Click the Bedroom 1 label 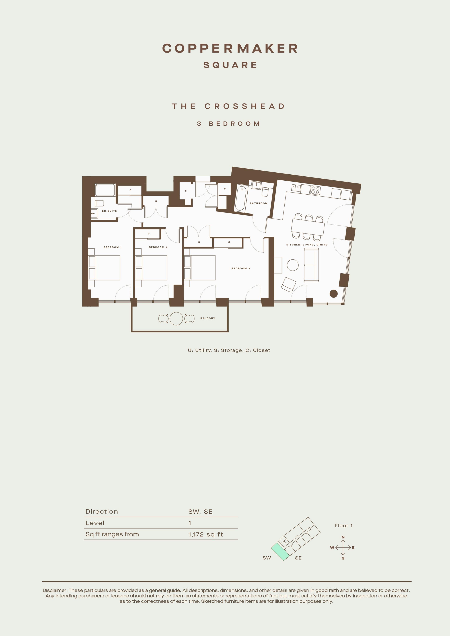pyautogui.click(x=112, y=247)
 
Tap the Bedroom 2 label pyautogui.click(x=158, y=247)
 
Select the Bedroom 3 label pyautogui.click(x=241, y=269)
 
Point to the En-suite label pyautogui.click(x=109, y=211)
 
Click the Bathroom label pyautogui.click(x=258, y=203)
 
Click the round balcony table pyautogui.click(x=176, y=319)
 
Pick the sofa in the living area pyautogui.click(x=311, y=265)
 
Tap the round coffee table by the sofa pyautogui.click(x=293, y=265)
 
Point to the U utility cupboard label pyautogui.click(x=225, y=189)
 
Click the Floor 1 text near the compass pyautogui.click(x=343, y=525)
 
